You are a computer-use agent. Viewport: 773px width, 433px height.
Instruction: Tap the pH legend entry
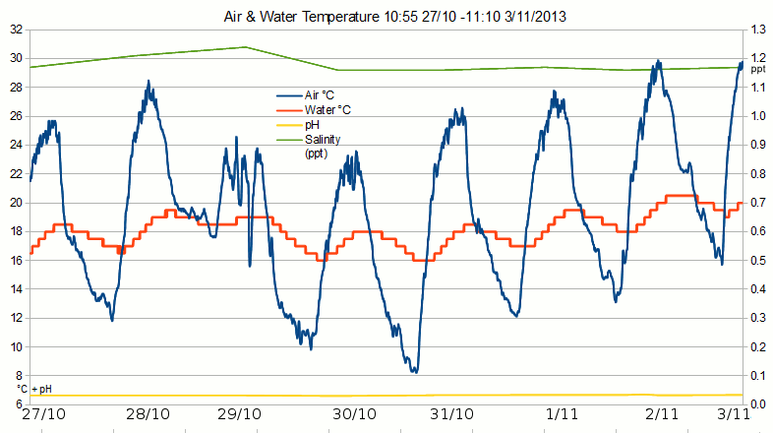point(312,125)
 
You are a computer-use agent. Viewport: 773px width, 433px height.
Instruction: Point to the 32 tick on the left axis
point(15,30)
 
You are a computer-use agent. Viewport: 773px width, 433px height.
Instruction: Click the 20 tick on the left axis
point(15,203)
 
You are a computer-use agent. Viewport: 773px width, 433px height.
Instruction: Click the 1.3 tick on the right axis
point(758,30)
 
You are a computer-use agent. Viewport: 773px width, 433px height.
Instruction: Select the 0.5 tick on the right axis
point(758,261)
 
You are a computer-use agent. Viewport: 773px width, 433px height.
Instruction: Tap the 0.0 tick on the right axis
point(758,404)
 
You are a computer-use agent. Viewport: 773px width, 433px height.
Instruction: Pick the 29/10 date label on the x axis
point(240,416)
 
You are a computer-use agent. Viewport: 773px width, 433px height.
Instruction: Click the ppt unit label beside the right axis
point(757,71)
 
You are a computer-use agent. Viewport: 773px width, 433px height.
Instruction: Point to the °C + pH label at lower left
point(33,390)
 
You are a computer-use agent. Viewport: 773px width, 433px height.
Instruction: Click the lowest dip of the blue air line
point(415,372)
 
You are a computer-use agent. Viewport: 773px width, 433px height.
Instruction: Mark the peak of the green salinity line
point(245,46)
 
